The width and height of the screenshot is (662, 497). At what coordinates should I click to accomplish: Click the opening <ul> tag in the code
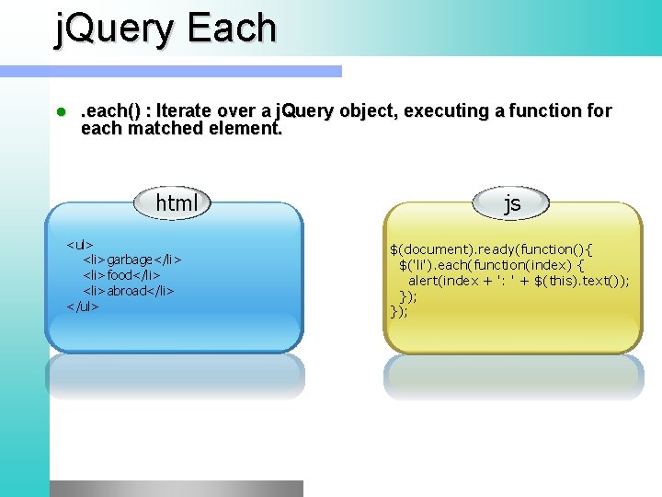(80, 245)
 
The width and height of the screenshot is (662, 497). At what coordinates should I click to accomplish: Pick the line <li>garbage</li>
(132, 260)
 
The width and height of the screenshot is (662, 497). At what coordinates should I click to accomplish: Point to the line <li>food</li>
(122, 275)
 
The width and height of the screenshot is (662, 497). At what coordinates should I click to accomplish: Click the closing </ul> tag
(83, 306)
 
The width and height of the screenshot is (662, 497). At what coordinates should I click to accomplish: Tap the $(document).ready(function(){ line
(492, 249)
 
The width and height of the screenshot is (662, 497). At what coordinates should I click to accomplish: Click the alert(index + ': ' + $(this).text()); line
(519, 281)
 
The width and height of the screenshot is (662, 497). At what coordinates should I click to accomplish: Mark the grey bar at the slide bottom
(176, 488)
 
